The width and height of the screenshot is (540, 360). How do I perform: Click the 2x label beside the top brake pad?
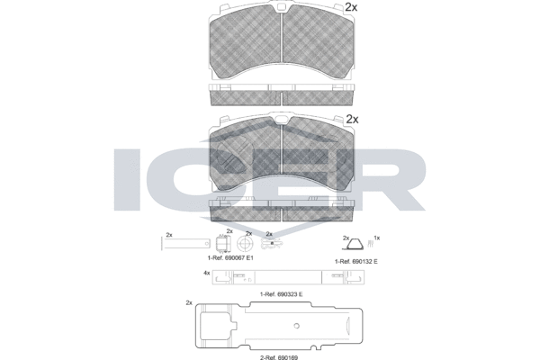coord(351,7)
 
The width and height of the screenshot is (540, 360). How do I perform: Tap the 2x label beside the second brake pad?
coord(352,119)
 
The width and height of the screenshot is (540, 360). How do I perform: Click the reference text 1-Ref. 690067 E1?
coord(230,257)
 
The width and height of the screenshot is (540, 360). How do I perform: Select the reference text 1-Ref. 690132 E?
coord(356,262)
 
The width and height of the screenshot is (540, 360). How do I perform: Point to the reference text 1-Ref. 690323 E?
coord(282,294)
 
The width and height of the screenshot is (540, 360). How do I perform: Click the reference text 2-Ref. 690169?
coord(279,357)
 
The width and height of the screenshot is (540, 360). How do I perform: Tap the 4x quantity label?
coord(207,273)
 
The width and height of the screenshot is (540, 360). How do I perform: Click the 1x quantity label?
coord(377,238)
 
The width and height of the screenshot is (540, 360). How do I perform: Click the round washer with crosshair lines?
coord(245,244)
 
